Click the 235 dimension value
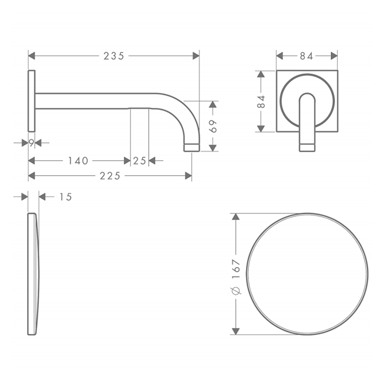[x=114, y=56]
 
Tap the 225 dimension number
[x=110, y=176]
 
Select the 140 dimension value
[x=78, y=161]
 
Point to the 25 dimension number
[x=140, y=161]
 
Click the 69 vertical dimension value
[x=213, y=126]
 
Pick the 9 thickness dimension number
[x=32, y=143]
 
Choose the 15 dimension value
[x=66, y=197]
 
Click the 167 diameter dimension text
[x=236, y=269]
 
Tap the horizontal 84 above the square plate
[x=306, y=56]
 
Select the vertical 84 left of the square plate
[x=261, y=101]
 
